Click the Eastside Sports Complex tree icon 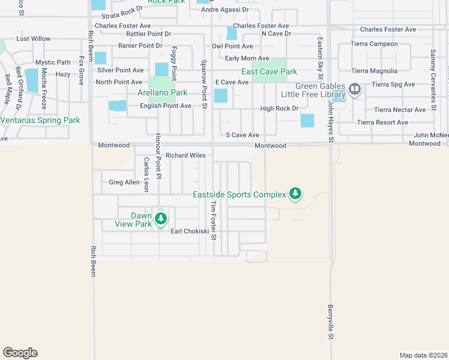pos(295,193)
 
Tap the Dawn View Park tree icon pos(160,218)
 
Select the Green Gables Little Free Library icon pos(354,90)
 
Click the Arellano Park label pos(162,92)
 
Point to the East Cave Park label pos(270,71)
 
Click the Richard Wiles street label pos(185,155)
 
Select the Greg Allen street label pos(124,182)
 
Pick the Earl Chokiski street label pos(190,231)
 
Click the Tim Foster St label pos(212,220)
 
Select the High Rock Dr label pos(279,109)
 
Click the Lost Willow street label pos(34,38)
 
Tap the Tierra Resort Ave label pos(383,122)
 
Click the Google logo pos(20,353)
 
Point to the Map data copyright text pos(423,355)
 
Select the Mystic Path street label pos(53,62)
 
